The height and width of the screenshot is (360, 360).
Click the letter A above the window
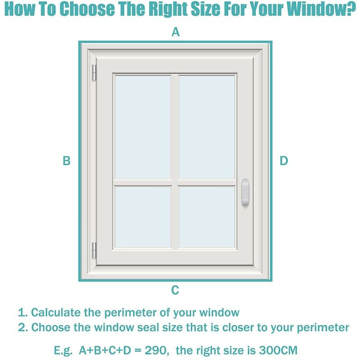coord(175,32)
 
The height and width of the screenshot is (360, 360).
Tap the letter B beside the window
coord(67,161)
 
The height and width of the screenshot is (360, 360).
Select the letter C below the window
coord(175,290)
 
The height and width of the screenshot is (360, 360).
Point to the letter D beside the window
coord(284,161)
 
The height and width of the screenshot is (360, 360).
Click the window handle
coord(245,192)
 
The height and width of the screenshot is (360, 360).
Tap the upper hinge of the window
coord(94,73)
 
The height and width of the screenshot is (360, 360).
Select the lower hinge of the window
coord(94,250)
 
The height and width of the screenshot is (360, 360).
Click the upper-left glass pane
coord(143,127)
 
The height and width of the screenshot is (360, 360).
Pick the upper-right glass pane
coord(207,127)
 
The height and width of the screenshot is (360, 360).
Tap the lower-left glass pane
coord(143,217)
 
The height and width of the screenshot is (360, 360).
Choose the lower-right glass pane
coord(207,217)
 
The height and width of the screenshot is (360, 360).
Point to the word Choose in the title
coord(87,9)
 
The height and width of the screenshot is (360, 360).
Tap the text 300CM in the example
coord(278,351)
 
